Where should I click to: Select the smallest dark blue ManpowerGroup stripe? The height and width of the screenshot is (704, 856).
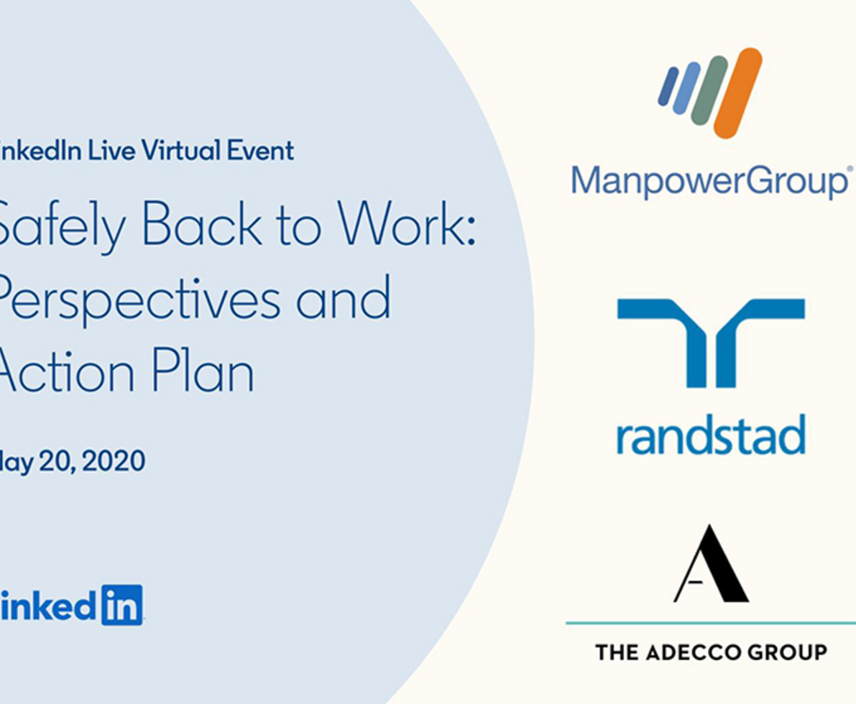pos(668,86)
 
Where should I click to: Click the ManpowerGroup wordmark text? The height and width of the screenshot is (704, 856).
pos(709,181)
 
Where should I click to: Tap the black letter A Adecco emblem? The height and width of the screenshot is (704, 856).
pos(710,565)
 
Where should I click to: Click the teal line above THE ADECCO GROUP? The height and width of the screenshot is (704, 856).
pos(710,624)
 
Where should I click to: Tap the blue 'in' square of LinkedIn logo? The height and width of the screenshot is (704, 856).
pos(122,605)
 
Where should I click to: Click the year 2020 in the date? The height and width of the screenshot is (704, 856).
pos(114,460)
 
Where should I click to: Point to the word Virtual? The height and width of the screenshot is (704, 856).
pos(181,152)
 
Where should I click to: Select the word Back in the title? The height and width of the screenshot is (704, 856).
pos(203,226)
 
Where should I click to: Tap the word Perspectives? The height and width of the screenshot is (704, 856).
pos(137,300)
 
